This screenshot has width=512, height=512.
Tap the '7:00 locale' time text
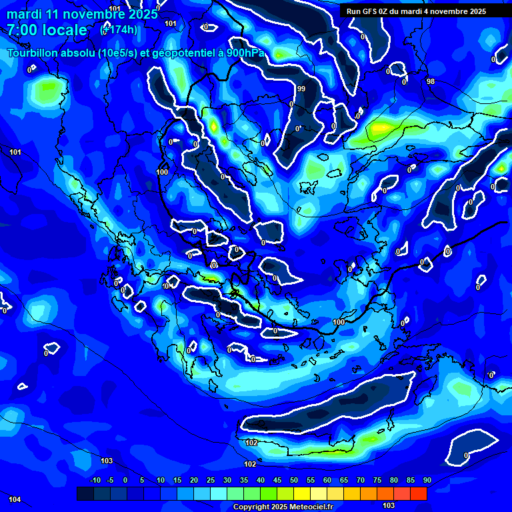[47, 30]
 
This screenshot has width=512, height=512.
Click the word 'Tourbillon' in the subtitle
[33, 53]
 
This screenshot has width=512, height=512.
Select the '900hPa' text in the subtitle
[245, 53]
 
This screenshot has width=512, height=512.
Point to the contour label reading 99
[301, 89]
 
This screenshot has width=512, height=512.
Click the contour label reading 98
[431, 81]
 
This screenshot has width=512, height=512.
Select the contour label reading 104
[15, 499]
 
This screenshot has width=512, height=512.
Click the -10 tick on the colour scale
[95, 480]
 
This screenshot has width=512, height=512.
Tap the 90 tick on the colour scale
[427, 480]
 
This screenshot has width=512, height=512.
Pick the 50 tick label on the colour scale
[293, 480]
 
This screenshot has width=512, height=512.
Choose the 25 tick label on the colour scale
[210, 480]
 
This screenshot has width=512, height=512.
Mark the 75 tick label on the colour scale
[377, 480]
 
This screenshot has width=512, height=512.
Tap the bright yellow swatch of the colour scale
[302, 493]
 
